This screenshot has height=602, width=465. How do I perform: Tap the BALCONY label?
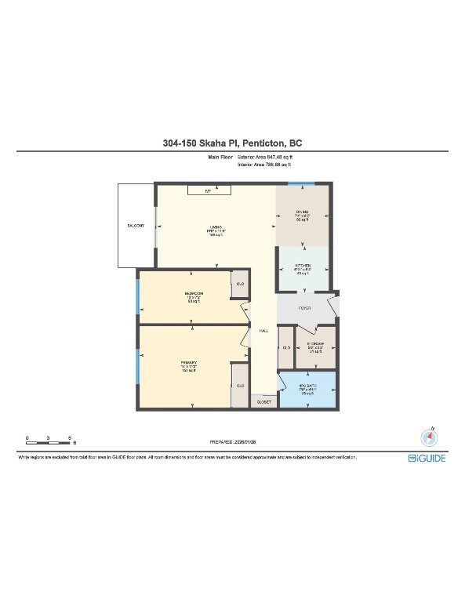(135, 225)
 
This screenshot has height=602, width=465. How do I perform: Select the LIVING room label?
(213, 228)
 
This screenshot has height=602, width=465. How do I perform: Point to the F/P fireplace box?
(209, 190)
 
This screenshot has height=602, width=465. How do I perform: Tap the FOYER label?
(305, 308)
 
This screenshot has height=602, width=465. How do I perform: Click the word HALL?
(264, 331)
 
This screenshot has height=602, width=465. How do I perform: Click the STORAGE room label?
(316, 345)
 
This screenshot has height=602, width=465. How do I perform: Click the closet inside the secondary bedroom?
(241, 284)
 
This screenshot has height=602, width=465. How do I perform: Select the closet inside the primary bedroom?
(241, 386)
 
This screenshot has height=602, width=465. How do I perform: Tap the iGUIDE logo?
(427, 458)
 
